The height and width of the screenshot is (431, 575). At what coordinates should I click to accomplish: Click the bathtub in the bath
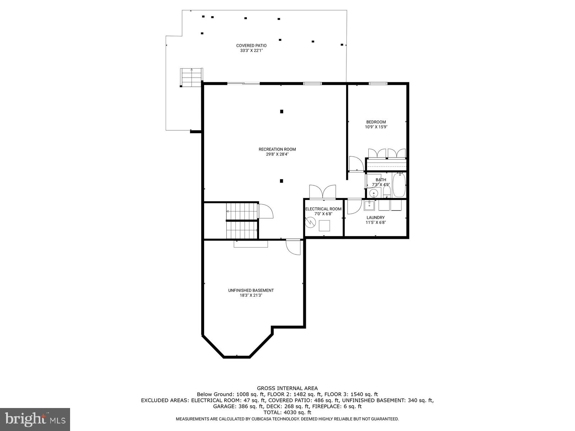(x=399, y=185)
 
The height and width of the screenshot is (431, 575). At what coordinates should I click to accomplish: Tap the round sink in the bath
(x=374, y=193)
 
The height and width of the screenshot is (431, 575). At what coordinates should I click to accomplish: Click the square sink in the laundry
(x=369, y=205)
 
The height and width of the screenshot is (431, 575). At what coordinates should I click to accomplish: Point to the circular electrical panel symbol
(x=309, y=223)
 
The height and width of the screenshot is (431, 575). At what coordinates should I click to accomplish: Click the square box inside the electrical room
(x=325, y=225)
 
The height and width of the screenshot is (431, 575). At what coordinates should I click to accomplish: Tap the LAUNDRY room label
(x=376, y=218)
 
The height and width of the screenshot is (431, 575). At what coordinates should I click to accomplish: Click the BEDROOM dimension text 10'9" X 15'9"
(x=376, y=127)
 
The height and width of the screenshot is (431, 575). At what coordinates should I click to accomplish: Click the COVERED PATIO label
(x=251, y=46)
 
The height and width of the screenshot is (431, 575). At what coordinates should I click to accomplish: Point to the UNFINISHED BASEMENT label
(x=251, y=290)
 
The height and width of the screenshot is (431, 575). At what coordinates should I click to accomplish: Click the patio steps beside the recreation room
(x=192, y=77)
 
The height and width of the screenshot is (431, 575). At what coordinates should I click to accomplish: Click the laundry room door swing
(x=354, y=207)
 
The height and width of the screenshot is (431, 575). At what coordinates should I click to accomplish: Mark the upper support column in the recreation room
(x=282, y=111)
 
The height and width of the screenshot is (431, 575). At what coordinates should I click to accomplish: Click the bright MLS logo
(x=35, y=419)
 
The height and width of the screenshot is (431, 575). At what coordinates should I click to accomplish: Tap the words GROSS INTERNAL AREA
(x=287, y=388)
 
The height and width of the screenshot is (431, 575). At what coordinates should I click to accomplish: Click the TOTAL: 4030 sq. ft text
(x=287, y=413)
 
